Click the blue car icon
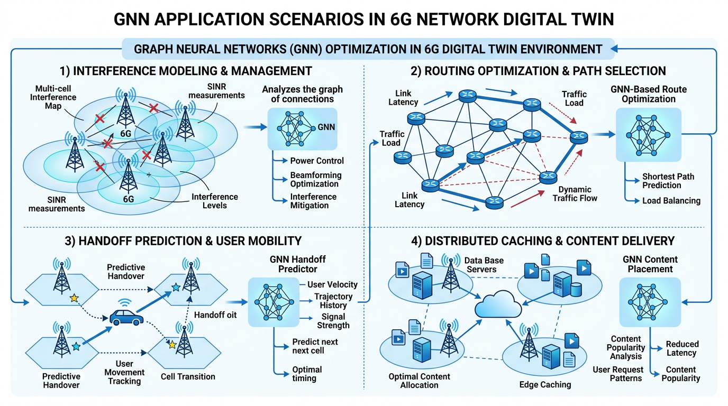[126, 317]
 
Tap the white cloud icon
[498, 304]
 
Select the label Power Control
[317, 161]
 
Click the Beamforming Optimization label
[316, 180]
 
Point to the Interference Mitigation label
[313, 201]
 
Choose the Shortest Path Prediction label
[668, 181]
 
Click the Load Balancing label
[671, 201]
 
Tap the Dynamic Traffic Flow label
[575, 194]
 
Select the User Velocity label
[332, 284]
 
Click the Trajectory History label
[333, 301]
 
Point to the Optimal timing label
[307, 374]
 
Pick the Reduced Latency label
[682, 348]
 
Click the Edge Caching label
[545, 384]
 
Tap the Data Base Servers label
[484, 265]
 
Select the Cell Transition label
[188, 376]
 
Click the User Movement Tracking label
[124, 373]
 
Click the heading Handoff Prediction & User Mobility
[183, 241]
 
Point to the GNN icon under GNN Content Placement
[650, 302]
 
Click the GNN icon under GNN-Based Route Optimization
[649, 135]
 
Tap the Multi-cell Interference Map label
[53, 97]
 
